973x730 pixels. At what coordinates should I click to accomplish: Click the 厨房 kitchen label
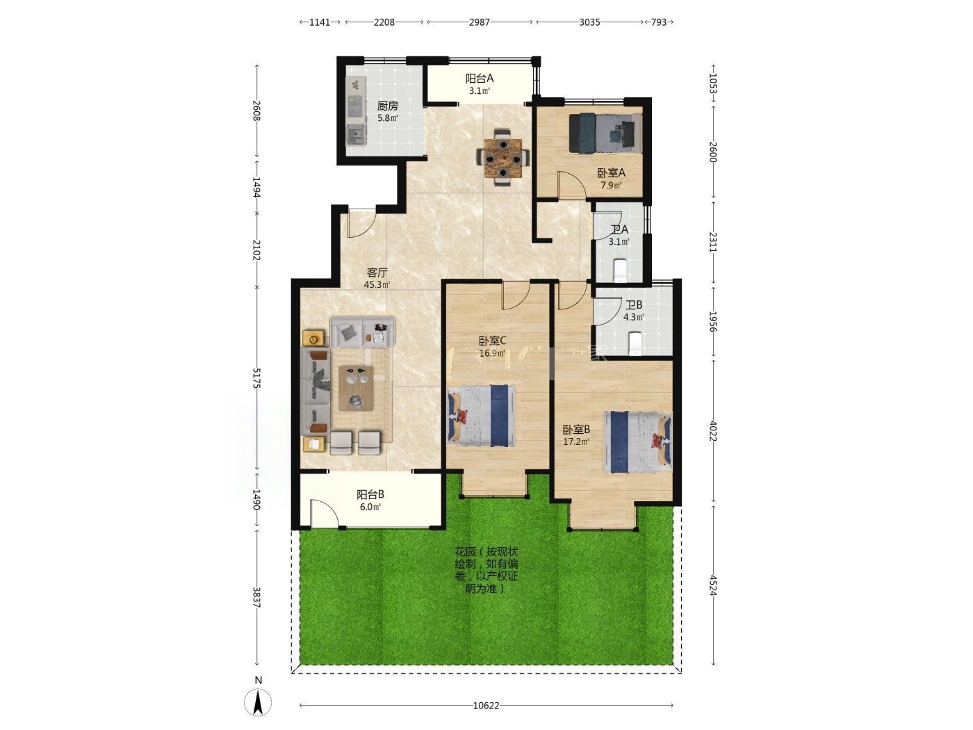point(387,106)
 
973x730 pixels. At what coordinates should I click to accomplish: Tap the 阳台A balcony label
point(479,79)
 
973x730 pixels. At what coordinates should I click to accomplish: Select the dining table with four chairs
point(502,157)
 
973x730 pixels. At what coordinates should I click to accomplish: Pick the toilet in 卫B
point(635,343)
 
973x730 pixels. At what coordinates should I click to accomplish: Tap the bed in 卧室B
point(637,441)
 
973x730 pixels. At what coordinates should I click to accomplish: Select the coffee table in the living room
point(356,388)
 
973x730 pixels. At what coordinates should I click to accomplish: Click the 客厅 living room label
point(377,273)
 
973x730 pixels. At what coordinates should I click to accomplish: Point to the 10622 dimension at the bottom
point(486,705)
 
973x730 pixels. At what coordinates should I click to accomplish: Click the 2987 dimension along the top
point(479,22)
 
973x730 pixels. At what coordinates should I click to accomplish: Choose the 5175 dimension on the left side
point(256,378)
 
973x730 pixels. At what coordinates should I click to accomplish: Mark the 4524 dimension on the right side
point(713,585)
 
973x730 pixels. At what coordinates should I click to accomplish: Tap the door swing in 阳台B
point(324,513)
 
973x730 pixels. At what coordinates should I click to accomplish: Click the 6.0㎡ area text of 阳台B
point(370,507)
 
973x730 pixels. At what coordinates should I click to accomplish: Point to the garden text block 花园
point(486,570)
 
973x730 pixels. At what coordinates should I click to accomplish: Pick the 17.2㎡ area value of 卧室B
point(576,441)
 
